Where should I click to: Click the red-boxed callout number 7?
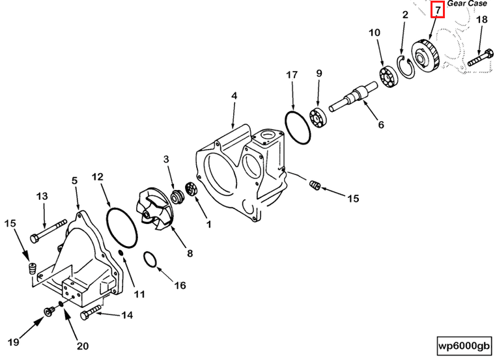coord(438,10)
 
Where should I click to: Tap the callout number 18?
coord(481,20)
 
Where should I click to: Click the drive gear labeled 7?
coord(427,55)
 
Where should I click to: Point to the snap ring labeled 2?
coord(404,66)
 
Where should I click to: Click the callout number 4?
coord(234,97)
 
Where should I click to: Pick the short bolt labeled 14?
coord(91,315)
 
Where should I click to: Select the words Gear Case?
coord(467,3)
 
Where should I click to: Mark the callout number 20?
coord(83,346)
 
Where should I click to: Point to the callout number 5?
coord(74,181)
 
